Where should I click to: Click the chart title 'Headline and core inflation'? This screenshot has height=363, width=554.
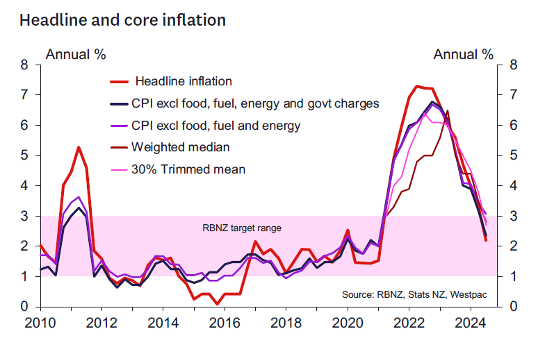coord(122,20)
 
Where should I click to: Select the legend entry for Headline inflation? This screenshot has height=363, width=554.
coord(184,82)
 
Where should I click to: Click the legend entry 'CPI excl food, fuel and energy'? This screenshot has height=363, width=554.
coord(215,126)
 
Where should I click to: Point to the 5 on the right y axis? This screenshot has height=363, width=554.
coord(513,155)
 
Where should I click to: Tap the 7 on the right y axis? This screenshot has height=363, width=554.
coord(513,95)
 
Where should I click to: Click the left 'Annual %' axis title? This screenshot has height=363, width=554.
coord(75,54)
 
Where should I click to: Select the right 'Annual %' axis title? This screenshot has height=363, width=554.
coord(464,54)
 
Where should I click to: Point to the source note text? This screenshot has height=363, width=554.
coord(414,295)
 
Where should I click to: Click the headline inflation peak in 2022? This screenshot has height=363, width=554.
coord(416,86)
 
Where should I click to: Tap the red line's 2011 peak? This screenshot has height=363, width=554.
coord(79,147)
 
